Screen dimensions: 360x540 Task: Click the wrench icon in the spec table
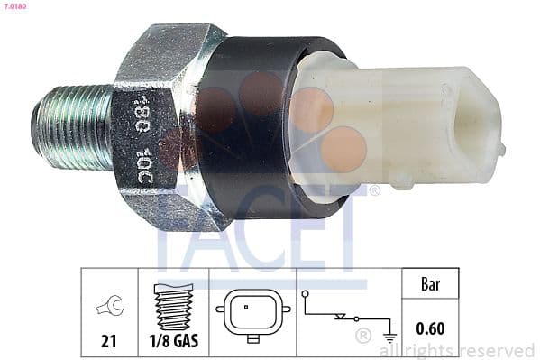[x=110, y=309]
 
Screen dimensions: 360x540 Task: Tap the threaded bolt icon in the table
[x=173, y=307]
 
